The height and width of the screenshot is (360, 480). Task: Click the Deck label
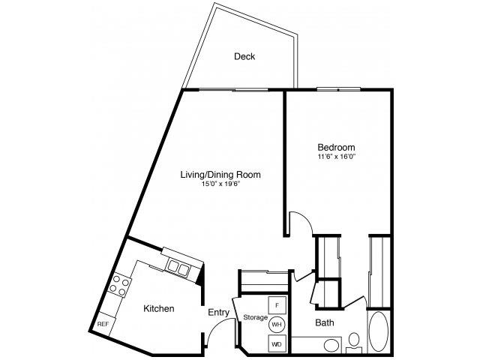pos(244,57)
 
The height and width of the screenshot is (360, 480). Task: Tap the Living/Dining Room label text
pos(220,175)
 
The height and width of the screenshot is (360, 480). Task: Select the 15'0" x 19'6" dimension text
pos(220,184)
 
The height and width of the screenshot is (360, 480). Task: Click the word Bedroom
pos(336,147)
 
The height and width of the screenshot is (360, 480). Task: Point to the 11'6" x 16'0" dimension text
pos(336,157)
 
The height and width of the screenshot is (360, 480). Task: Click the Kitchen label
pos(158,308)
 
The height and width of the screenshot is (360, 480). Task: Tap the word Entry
pos(218,312)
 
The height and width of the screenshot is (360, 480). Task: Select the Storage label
pos(254,318)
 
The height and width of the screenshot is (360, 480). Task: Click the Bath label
pos(325,324)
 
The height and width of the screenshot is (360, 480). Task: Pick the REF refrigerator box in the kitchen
pos(103,324)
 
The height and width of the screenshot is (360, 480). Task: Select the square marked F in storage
pos(277,305)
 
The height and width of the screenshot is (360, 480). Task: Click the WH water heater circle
pos(277,324)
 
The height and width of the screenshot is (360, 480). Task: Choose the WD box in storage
pos(277,343)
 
